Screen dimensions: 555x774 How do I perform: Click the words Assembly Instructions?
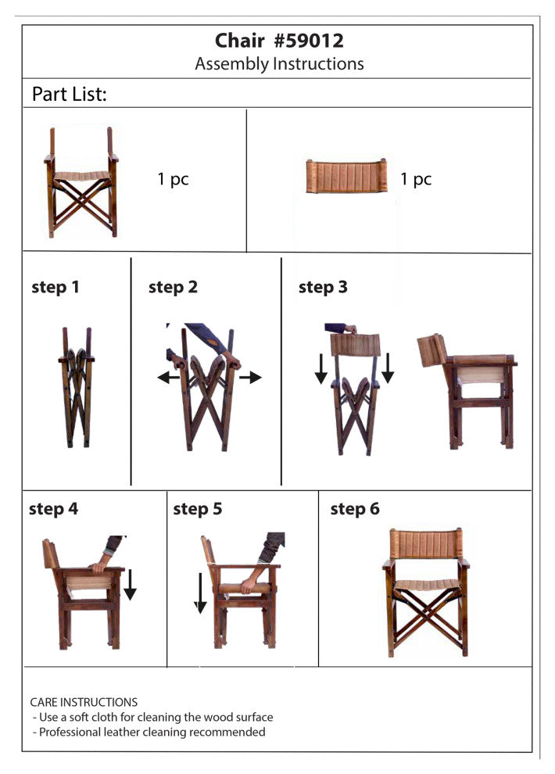[279, 63]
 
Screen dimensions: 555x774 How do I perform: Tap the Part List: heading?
[69, 94]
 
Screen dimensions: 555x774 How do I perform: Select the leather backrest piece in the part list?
[346, 176]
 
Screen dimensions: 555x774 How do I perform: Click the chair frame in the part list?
[81, 182]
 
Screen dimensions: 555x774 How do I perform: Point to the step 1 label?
[55, 287]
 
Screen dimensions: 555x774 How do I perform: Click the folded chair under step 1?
[77, 387]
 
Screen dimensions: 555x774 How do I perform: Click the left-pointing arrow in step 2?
[169, 378]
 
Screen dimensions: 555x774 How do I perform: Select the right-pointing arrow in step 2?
[251, 378]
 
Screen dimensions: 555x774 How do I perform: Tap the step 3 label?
[323, 287]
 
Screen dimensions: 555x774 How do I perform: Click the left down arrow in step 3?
[320, 368]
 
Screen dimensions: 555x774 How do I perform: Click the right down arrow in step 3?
[388, 368]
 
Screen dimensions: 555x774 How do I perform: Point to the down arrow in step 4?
[130, 585]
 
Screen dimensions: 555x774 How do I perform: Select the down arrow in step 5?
[200, 593]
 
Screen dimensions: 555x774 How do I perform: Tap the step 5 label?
[197, 509]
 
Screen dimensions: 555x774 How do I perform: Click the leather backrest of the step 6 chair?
[426, 543]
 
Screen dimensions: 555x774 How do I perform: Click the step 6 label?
[355, 509]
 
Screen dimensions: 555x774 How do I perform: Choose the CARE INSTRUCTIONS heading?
[84, 702]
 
